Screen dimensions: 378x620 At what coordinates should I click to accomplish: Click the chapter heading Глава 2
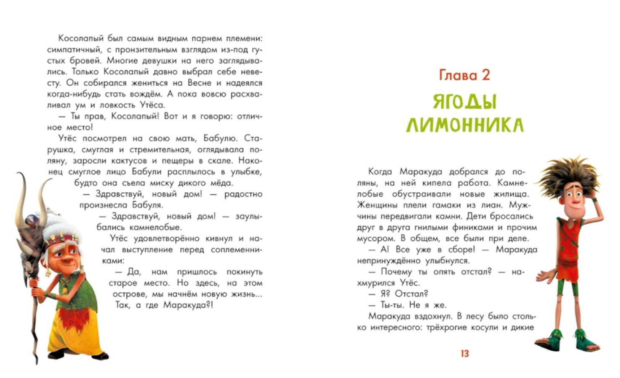tap(464, 75)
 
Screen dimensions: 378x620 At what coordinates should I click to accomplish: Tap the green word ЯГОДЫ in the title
tap(464, 102)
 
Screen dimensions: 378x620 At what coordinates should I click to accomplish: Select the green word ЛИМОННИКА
tap(465, 125)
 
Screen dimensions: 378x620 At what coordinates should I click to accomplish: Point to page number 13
tap(464, 354)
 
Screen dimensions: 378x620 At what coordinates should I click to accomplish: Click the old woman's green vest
tap(80, 290)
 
